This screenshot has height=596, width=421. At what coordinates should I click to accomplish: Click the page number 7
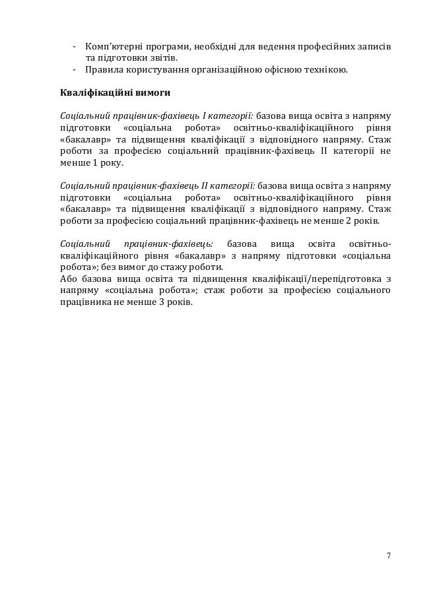pos(388,554)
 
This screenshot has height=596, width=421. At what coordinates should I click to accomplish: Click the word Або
pos(68,278)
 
